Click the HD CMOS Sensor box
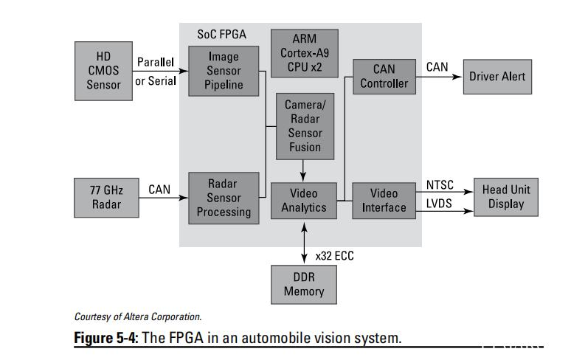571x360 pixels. click(103, 71)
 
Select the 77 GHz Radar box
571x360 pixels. click(106, 197)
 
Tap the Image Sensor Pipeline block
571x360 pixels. click(224, 71)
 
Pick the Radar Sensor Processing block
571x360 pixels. click(224, 197)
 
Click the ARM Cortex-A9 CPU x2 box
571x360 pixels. click(304, 53)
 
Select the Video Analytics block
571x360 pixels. click(304, 200)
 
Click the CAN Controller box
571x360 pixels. click(384, 76)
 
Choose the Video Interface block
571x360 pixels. click(384, 200)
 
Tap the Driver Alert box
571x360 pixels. click(497, 77)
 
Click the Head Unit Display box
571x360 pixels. click(505, 197)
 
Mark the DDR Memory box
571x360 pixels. click(304, 283)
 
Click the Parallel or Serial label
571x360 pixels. click(156, 72)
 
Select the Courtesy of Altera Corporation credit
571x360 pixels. click(138, 316)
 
